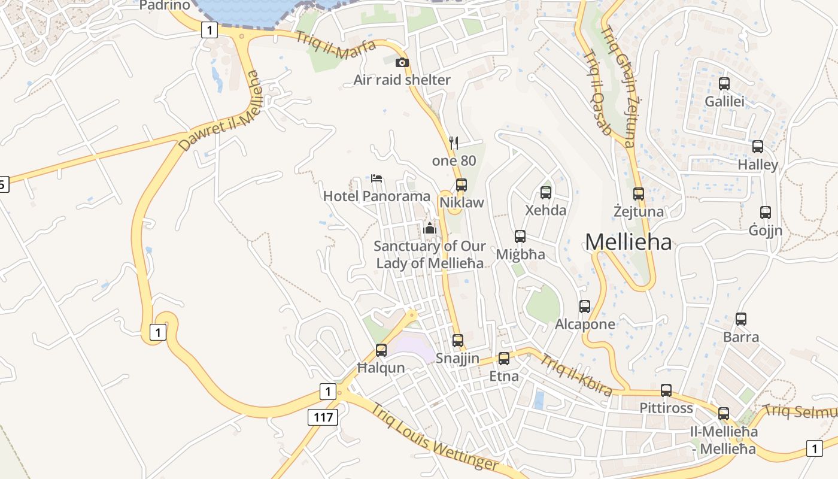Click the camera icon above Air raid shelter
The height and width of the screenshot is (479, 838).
402,62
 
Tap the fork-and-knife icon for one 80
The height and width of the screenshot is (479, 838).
454,143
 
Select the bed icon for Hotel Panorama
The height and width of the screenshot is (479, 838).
377,178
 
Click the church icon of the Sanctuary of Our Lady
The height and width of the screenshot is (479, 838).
429,228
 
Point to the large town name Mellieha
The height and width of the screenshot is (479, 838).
628,242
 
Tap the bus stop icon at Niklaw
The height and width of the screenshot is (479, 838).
461,184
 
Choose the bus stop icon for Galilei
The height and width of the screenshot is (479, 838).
724,84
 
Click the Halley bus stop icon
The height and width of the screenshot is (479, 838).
758,147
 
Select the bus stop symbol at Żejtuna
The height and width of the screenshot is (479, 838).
639,194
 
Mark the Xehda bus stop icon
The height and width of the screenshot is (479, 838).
545,193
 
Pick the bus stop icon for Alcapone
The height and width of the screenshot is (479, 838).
585,307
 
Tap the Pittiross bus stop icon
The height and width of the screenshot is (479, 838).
666,390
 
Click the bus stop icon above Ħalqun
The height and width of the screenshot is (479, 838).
381,350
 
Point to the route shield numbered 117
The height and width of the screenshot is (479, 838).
323,417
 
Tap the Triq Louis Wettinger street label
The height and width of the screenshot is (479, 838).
434,438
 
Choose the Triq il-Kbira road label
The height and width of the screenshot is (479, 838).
576,375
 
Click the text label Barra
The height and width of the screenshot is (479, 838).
741,336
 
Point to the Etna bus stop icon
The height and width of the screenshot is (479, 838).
504,359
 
